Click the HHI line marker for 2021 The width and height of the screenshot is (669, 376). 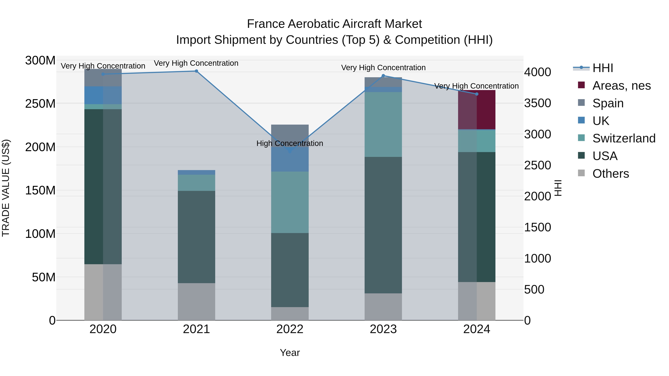click(x=196, y=71)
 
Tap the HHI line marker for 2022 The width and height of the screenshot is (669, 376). click(x=290, y=151)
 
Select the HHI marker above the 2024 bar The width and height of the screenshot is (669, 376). click(x=476, y=94)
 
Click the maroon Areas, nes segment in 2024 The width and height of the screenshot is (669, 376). click(x=476, y=110)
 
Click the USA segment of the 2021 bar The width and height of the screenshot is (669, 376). click(x=196, y=237)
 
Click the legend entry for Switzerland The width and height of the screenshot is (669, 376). click(x=623, y=138)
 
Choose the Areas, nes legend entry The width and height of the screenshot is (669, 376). click(x=621, y=86)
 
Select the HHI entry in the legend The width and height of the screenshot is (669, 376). click(x=602, y=68)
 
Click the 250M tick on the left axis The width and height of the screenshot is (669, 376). click(x=40, y=104)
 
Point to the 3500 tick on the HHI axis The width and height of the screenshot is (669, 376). click(x=537, y=103)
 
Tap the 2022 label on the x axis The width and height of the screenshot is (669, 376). click(x=290, y=329)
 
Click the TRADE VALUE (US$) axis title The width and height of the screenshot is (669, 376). click(x=6, y=188)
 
